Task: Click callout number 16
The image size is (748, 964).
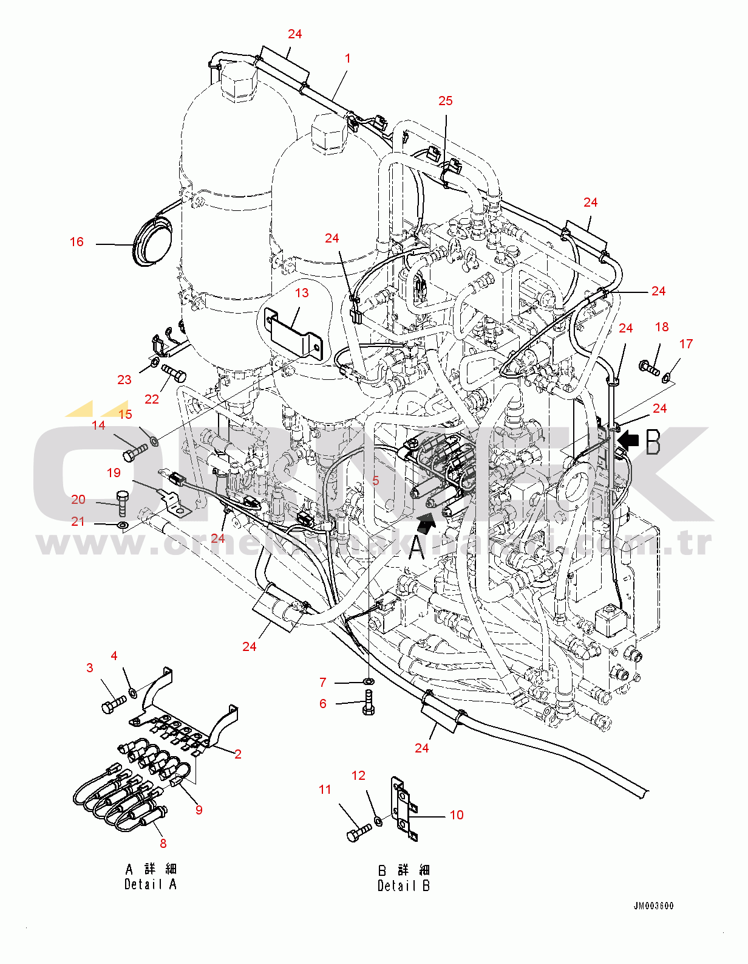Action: [x=76, y=242]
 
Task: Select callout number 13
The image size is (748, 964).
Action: [x=302, y=293]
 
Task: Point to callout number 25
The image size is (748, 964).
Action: [x=446, y=101]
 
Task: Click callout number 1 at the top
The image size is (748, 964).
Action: [x=348, y=58]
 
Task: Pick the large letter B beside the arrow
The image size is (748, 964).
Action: [x=653, y=442]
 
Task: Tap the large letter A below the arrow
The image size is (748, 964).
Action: [x=416, y=546]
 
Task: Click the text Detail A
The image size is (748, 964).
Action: [x=151, y=884]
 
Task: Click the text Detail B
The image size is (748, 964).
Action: [x=404, y=886]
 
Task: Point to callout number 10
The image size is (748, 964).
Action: [x=457, y=815]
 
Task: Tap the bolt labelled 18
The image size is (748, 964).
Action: [x=649, y=367]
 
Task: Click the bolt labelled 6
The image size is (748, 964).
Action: [x=369, y=703]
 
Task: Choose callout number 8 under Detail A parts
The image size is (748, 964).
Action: [x=163, y=844]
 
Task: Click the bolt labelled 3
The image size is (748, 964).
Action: [x=113, y=705]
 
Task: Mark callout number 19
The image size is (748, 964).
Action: [x=114, y=473]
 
